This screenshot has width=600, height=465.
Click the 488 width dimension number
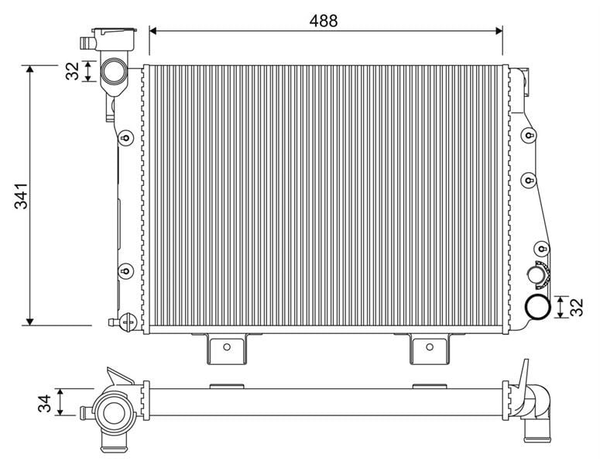coord(324,21)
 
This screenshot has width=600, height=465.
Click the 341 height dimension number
coord(21,196)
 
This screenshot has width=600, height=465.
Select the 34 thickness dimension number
coord(44,403)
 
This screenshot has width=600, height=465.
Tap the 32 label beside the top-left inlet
coord(72,71)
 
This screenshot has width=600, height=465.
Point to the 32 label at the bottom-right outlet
coord(577,307)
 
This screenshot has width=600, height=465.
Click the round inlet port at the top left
coord(113,71)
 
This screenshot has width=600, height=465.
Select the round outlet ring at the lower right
coord(537,307)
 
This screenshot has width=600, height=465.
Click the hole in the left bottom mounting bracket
coord(227,347)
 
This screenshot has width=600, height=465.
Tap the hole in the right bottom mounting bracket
coord(430,347)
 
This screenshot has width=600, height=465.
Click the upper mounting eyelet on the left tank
coord(125,137)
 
